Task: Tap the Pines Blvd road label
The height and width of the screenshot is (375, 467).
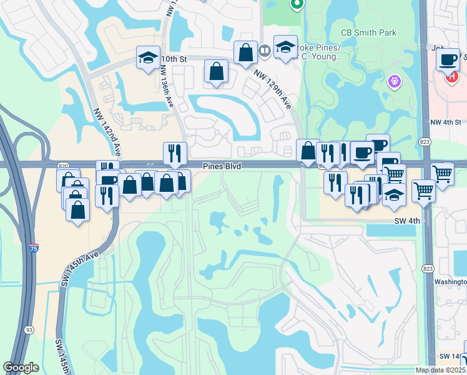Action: [222, 166]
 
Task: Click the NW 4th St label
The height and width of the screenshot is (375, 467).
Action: [445, 122]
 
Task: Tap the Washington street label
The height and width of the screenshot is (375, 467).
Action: [450, 281]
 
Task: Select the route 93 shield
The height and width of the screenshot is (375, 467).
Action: [29, 329]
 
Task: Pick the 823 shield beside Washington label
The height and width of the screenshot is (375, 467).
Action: [427, 269]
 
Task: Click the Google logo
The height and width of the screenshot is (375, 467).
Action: [21, 367]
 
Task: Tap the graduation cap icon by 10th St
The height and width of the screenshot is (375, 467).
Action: [148, 60]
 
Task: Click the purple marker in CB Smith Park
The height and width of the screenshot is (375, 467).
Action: [394, 81]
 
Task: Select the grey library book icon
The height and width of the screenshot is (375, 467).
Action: [264, 51]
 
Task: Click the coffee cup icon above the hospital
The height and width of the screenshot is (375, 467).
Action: [447, 61]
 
